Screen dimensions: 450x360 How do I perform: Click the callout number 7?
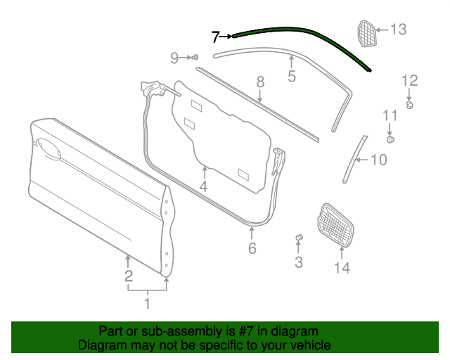pyautogui.click(x=216, y=37)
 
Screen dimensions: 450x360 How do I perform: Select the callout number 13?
pyautogui.click(x=399, y=30)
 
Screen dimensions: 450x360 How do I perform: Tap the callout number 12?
pyautogui.click(x=409, y=80)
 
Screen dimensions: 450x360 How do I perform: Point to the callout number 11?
pyautogui.click(x=390, y=115)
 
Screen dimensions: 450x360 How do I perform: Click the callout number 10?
pyautogui.click(x=378, y=160)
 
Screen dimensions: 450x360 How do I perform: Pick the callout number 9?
pyautogui.click(x=175, y=58)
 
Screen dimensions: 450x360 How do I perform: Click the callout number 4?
pyautogui.click(x=203, y=186)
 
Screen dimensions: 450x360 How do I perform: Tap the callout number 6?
pyautogui.click(x=252, y=248)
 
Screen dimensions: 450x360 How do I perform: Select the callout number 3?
pyautogui.click(x=299, y=262)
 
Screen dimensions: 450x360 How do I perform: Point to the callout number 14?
pyautogui.click(x=342, y=267)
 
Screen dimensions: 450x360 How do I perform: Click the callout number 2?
pyautogui.click(x=129, y=276)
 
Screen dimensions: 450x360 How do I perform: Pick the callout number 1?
pyautogui.click(x=147, y=304)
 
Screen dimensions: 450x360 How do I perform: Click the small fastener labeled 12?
pyautogui.click(x=409, y=105)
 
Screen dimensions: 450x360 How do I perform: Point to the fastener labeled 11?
pyautogui.click(x=391, y=139)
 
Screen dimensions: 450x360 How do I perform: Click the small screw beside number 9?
pyautogui.click(x=195, y=57)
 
